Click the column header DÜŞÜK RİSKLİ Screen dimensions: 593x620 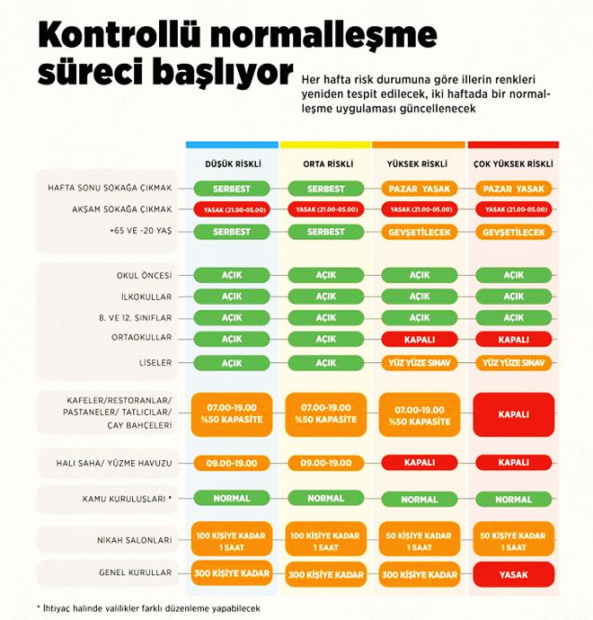click(233, 164)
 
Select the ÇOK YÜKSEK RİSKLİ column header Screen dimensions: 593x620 click(513, 164)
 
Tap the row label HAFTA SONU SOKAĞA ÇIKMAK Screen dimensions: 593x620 click(110, 188)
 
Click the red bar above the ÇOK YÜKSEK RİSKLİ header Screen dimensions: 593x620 click(513, 145)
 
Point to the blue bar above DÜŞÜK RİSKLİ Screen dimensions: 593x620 click(232, 145)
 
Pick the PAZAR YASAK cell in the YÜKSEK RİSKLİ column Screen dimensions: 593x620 click(420, 189)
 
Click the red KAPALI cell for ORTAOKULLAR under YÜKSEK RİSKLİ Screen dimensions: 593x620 click(420, 340)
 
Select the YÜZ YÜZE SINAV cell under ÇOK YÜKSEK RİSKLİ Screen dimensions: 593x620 click(514, 363)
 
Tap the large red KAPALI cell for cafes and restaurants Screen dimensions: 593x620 click(514, 414)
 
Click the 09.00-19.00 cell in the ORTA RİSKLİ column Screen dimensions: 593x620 click(326, 463)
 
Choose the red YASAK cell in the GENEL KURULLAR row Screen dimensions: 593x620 click(514, 574)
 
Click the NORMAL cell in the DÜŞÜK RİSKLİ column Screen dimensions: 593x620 click(232, 498)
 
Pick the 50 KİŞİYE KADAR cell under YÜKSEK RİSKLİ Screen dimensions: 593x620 click(420, 541)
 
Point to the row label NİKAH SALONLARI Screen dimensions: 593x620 click(135, 540)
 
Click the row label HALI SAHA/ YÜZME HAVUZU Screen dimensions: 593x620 click(114, 463)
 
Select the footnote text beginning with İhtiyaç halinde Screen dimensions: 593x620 click(148, 608)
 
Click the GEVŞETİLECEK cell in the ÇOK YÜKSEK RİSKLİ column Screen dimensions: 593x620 click(514, 232)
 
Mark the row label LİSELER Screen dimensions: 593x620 click(155, 363)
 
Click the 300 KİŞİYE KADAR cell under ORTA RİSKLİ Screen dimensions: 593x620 click(326, 574)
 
